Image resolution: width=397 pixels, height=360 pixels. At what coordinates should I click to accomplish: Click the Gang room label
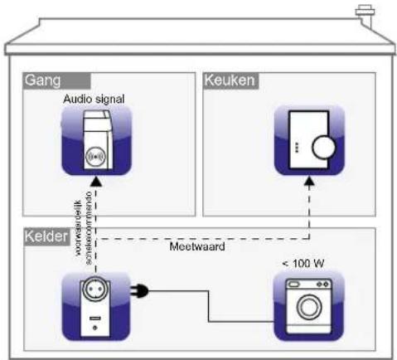40,80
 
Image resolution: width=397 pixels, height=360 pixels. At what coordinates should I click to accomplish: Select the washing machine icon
308,304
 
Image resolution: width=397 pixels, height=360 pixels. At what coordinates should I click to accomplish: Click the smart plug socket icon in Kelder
98,304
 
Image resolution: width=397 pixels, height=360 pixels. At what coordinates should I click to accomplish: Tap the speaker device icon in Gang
97,142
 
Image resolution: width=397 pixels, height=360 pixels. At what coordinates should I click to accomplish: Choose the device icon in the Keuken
308,142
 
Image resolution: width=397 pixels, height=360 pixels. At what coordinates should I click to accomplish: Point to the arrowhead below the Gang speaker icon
98,181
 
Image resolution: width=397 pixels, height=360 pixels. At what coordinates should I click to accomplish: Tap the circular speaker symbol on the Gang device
98,156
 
